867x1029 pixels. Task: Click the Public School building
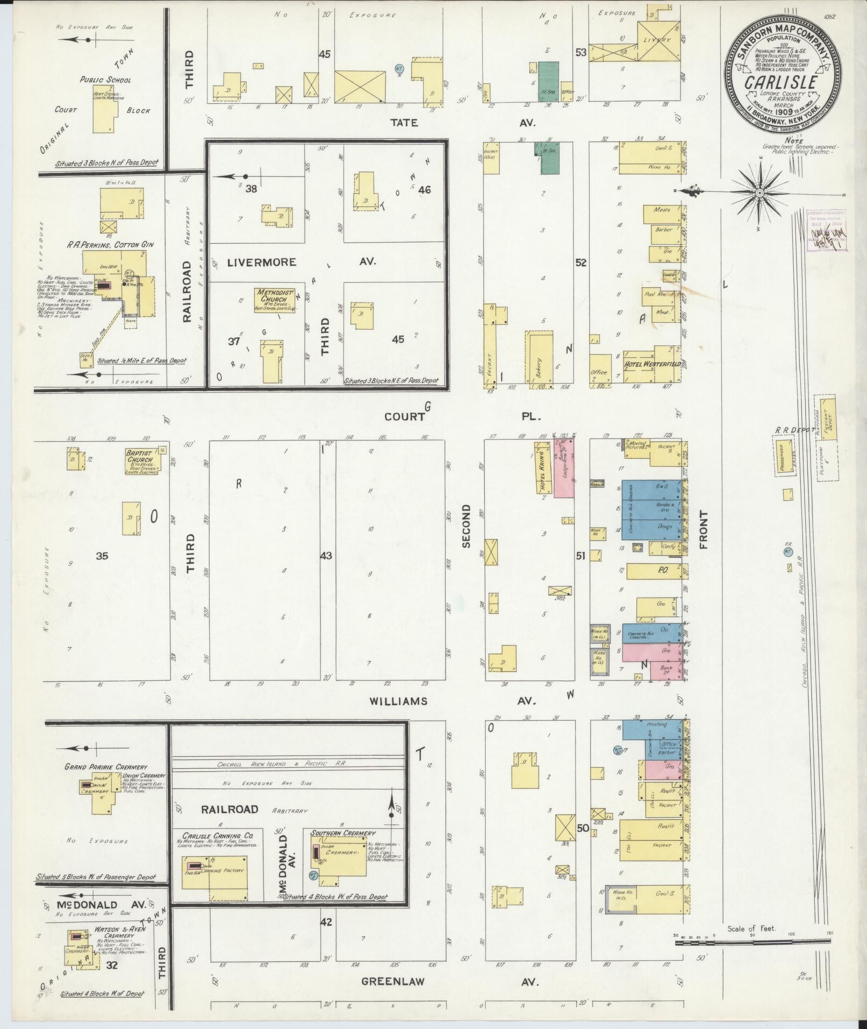105,109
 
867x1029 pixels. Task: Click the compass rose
760,192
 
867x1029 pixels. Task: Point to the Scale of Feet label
751,929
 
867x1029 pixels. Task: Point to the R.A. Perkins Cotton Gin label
111,245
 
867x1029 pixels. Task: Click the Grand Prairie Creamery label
98,767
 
